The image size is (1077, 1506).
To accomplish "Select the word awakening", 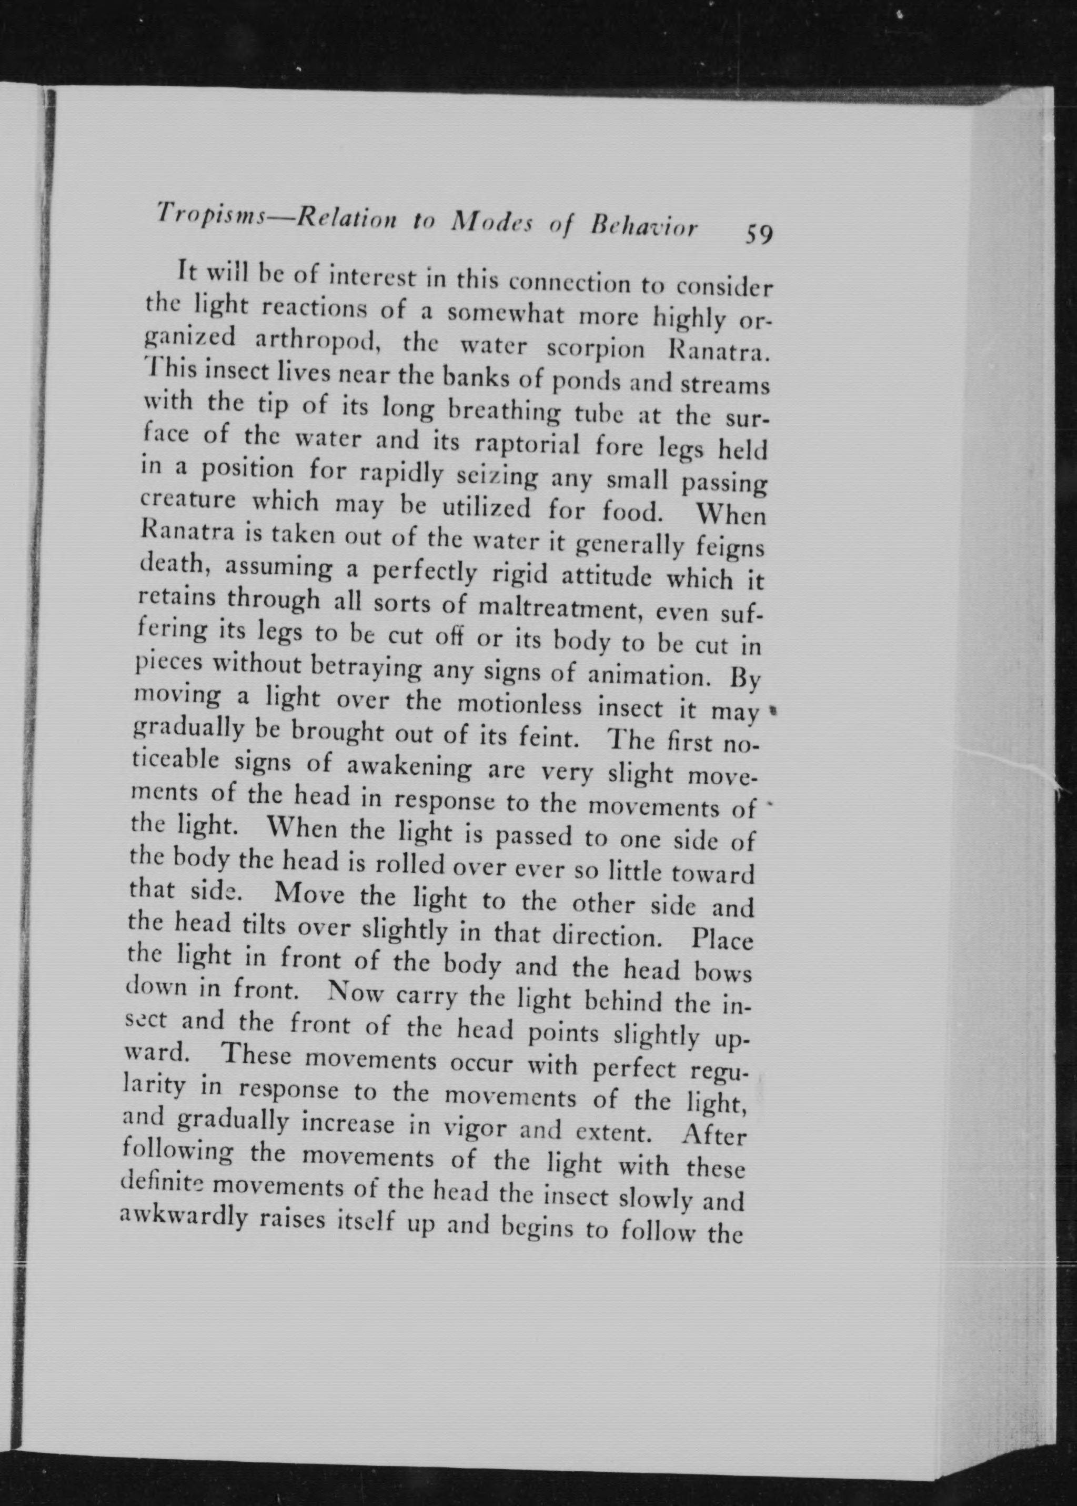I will coord(410,767).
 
